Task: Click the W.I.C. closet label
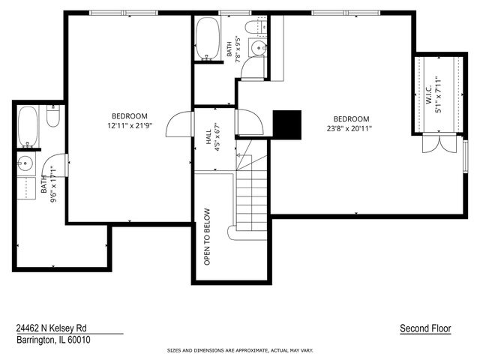click(x=428, y=94)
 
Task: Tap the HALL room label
click(x=208, y=136)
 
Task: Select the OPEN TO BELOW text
click(x=207, y=237)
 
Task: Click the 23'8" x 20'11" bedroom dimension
click(x=349, y=128)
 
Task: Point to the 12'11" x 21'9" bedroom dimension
click(x=130, y=125)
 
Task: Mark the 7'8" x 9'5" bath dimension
click(x=238, y=49)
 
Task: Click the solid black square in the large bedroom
click(x=286, y=125)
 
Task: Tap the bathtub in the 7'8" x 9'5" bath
click(x=208, y=38)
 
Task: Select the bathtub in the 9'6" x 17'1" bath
click(x=28, y=127)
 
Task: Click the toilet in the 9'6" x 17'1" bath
click(x=53, y=116)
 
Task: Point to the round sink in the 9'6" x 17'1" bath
click(x=25, y=163)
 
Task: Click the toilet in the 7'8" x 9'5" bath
click(x=256, y=27)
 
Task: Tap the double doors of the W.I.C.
click(x=439, y=143)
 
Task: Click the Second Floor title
click(x=425, y=328)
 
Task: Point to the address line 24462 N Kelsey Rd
click(x=52, y=328)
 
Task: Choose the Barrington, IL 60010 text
click(x=53, y=340)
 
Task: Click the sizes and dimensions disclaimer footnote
click(x=240, y=350)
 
